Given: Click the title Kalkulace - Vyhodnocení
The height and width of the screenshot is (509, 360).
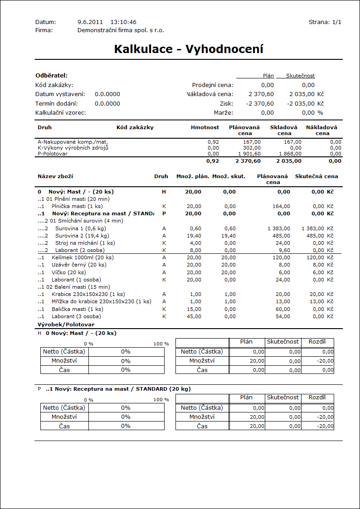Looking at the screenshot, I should coord(189,49).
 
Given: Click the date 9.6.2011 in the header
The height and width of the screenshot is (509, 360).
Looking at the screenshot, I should coord(90,22).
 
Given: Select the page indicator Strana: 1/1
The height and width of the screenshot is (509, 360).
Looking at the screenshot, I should coord(325,22).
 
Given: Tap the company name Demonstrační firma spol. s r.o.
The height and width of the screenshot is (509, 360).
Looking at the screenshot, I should coord(121,30).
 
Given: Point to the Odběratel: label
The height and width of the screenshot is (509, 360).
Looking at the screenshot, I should coord(51,76).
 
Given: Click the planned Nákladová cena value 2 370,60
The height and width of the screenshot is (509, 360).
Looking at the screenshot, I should coord(261,94).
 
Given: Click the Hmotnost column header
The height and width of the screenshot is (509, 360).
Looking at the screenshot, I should coord(205,127).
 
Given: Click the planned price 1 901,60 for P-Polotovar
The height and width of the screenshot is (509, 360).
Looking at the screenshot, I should coord(249,154).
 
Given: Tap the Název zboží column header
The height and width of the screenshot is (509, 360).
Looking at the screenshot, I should coord(55,176).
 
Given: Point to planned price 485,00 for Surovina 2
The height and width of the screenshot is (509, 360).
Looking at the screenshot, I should coord(281,236).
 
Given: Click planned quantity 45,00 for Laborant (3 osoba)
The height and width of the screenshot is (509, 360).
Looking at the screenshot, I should coord(194,316).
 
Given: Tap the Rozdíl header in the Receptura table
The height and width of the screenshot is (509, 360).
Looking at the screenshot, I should coord(317,398).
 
